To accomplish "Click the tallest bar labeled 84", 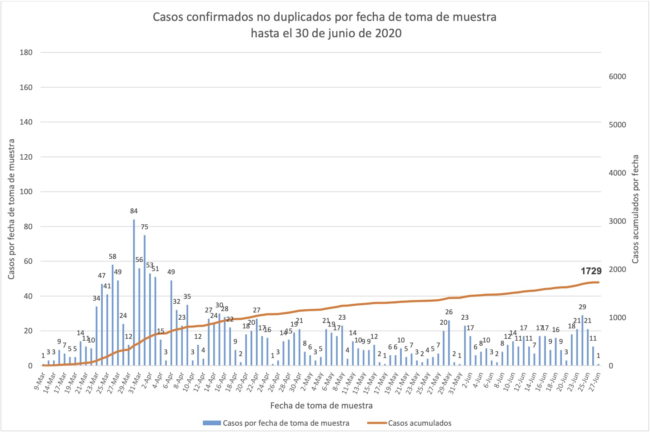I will (x=134, y=291).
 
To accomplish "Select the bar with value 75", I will (x=145, y=300).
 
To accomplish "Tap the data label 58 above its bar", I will (x=112, y=257).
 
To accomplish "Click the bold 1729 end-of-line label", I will (x=591, y=271).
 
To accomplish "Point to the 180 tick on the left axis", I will (x=26, y=52).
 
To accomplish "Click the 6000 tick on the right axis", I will (x=617, y=76).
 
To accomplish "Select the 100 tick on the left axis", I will (x=26, y=191).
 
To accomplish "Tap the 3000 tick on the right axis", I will (x=617, y=221).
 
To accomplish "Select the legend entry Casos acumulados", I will (x=420, y=423).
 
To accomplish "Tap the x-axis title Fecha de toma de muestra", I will (x=321, y=405).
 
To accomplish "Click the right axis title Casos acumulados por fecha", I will (x=635, y=209).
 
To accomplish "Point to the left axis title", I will (x=11, y=209).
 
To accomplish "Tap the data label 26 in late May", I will (x=449, y=312).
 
